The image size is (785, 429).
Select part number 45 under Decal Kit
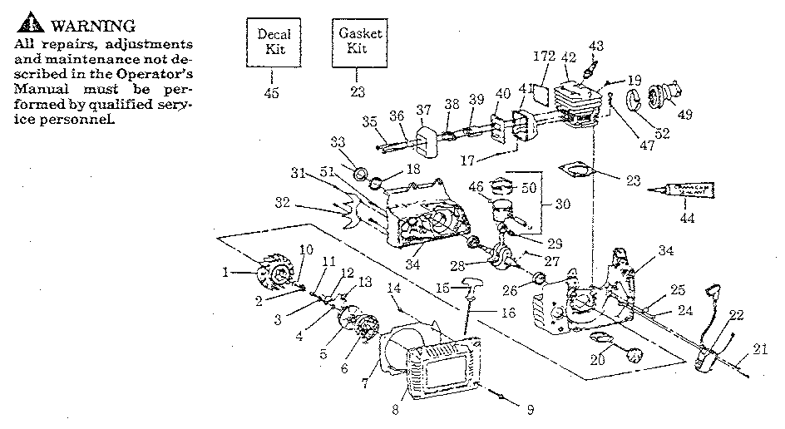(271, 92)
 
